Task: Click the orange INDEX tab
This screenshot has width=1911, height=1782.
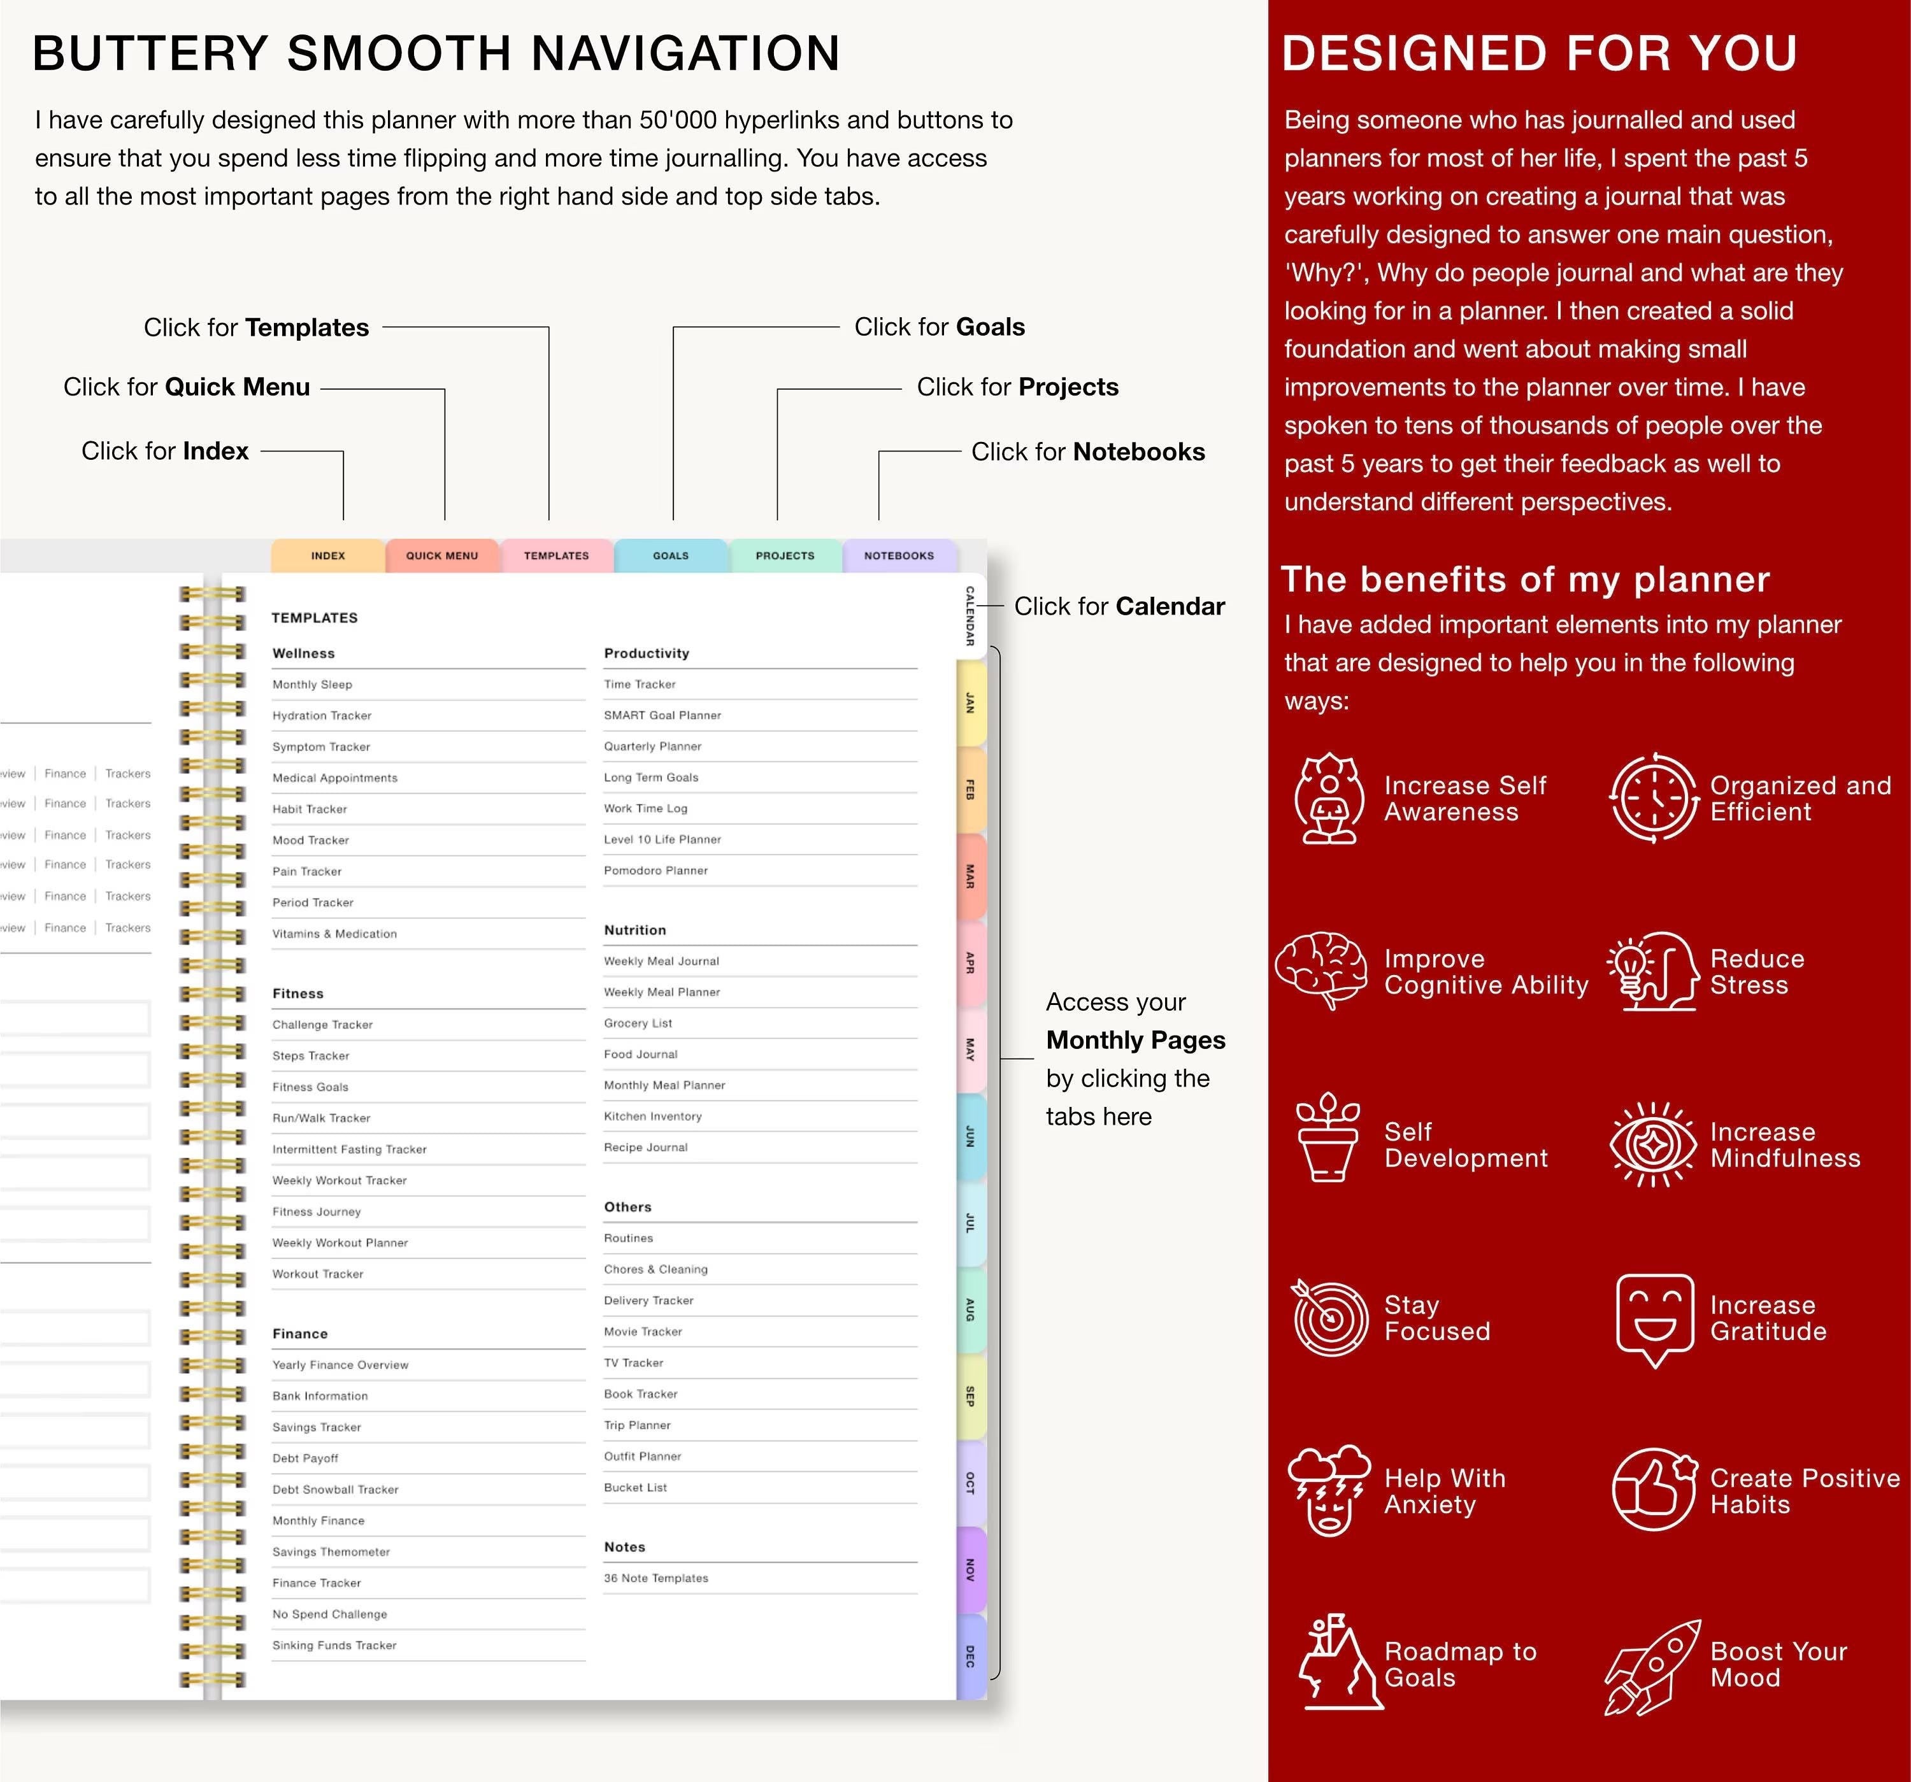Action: [x=328, y=555]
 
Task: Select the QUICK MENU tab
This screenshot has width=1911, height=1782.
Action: [x=442, y=555]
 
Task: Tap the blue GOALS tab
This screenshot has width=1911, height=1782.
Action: [x=671, y=555]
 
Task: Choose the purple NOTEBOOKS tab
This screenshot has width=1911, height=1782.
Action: [x=899, y=555]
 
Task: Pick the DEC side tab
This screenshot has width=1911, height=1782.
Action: [x=971, y=1656]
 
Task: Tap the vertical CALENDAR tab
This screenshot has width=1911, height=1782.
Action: [x=971, y=616]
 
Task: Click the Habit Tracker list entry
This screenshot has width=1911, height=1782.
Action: [x=310, y=809]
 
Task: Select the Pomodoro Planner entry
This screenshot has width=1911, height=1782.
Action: [x=655, y=871]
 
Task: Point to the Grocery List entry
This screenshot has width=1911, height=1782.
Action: [x=638, y=1023]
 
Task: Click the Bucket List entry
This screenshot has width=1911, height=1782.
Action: [x=635, y=1488]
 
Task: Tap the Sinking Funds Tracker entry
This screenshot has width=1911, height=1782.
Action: [x=334, y=1646]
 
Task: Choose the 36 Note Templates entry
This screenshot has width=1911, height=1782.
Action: [x=655, y=1578]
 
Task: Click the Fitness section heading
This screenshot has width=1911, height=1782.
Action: [x=298, y=994]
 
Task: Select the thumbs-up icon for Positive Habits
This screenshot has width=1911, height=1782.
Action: [x=1654, y=1490]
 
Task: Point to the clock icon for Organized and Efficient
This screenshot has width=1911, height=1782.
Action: [x=1654, y=798]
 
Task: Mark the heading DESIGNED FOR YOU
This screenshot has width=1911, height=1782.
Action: [x=1539, y=54]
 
